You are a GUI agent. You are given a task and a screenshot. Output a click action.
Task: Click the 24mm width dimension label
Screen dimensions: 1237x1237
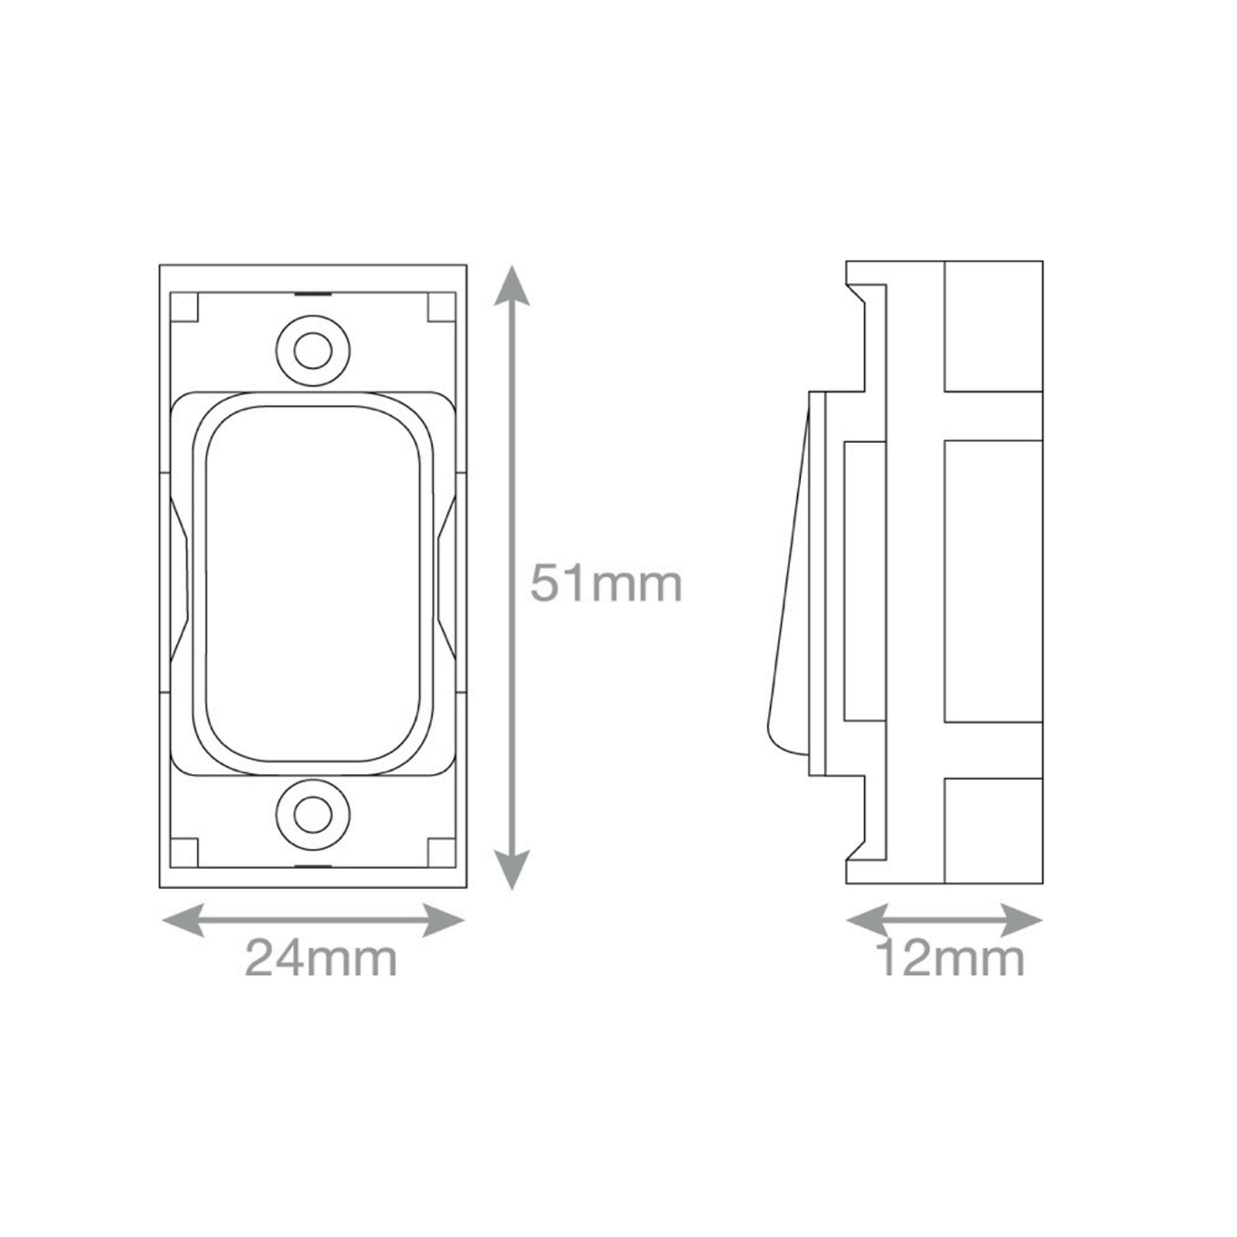point(321,959)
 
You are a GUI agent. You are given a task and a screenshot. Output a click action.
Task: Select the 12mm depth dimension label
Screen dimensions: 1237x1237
point(950,959)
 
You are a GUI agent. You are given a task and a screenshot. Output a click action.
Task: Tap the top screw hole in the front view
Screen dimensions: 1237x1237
point(313,351)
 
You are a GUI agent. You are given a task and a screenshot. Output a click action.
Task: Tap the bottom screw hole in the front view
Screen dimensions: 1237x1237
point(313,815)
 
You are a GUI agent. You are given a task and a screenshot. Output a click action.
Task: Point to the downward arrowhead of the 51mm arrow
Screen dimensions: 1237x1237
point(512,869)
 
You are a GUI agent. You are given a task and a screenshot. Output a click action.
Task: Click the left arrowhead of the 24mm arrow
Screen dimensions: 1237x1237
point(183,920)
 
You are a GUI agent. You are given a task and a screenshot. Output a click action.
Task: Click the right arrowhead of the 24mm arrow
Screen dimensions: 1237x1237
point(444,920)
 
